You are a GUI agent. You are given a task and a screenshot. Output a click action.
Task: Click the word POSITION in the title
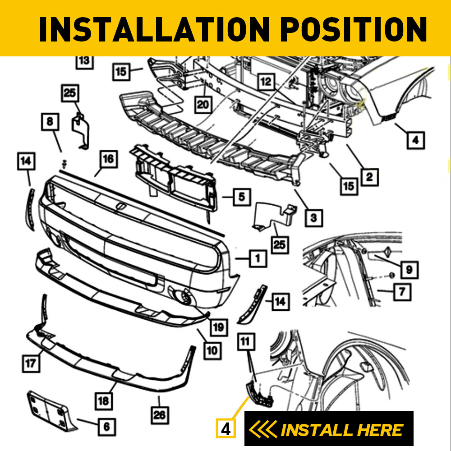coord(353,29)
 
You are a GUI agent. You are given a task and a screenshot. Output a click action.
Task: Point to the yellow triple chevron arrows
coord(263,430)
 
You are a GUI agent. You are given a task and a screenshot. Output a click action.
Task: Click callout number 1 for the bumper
coord(257,258)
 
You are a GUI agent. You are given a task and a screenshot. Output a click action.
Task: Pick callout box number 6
coord(106,425)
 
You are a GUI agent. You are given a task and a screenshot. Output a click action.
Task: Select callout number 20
coord(203,105)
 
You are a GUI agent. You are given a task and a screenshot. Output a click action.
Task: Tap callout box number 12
coord(267,82)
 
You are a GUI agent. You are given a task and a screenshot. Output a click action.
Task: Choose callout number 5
coord(242,197)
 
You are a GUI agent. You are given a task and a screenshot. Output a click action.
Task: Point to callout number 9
coord(409,270)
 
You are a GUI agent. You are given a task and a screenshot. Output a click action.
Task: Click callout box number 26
coord(160,414)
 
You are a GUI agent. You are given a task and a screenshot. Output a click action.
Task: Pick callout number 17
coord(31,364)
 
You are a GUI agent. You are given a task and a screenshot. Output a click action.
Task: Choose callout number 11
coord(245,342)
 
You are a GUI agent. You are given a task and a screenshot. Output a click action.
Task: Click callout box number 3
coord(313,218)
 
